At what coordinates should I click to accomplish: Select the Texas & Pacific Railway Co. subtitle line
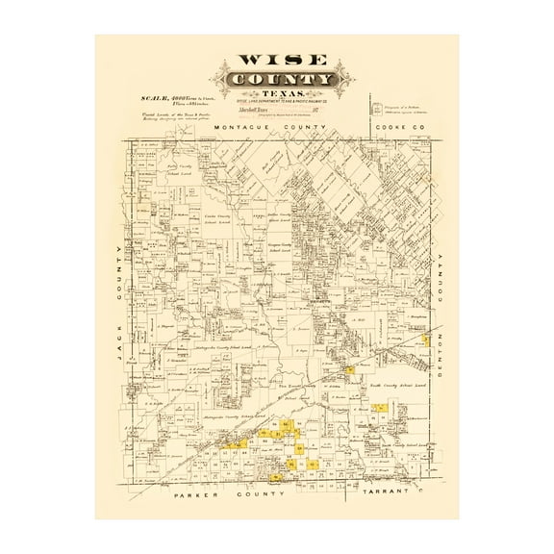tap(279, 103)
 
